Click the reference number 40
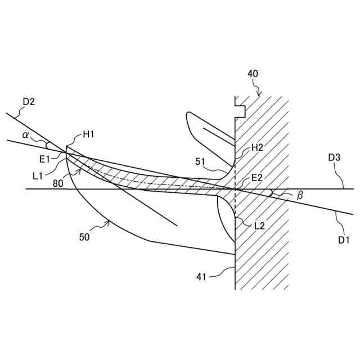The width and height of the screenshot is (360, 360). (x=253, y=74)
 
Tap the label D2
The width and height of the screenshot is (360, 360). (x=29, y=102)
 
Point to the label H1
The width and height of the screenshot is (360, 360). (x=88, y=134)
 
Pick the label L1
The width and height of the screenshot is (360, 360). (x=38, y=176)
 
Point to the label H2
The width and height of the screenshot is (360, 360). (x=258, y=147)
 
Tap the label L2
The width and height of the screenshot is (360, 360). (x=259, y=226)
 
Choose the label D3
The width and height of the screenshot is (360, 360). (x=335, y=157)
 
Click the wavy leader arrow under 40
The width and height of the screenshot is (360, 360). (x=258, y=88)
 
